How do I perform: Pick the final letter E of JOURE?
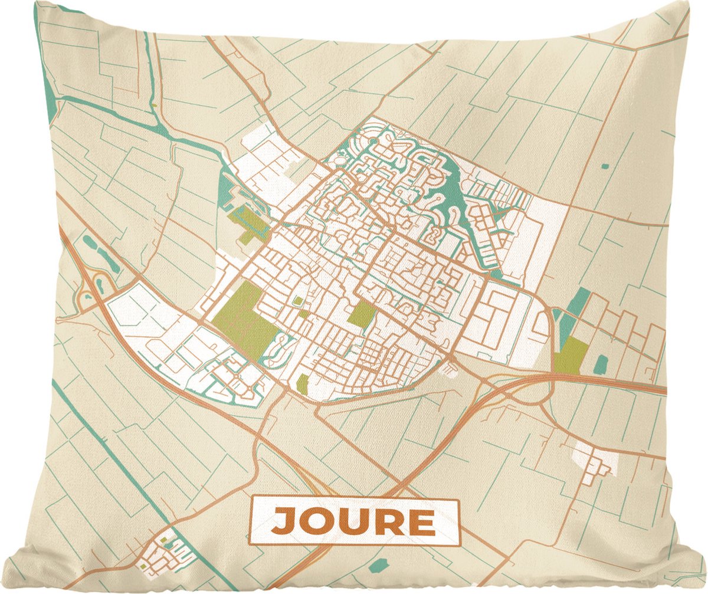[x=419, y=521]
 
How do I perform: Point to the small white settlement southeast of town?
[x=596, y=460]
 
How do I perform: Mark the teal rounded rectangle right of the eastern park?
[x=600, y=365]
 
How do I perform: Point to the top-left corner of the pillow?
[x=37, y=4]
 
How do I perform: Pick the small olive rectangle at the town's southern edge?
[x=302, y=384]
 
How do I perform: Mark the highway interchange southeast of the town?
[x=519, y=392]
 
